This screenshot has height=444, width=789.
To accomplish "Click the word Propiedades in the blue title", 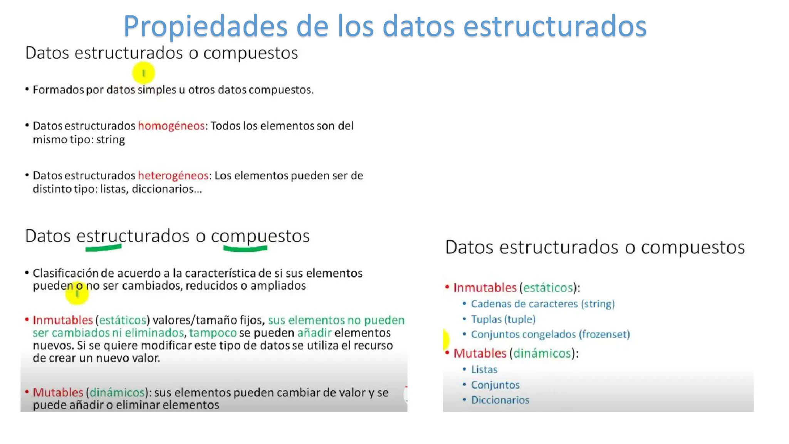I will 205,26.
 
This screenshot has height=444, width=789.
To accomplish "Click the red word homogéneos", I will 171,126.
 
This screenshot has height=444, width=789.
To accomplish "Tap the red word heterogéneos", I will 173,176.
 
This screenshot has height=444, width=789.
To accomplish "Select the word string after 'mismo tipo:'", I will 111,140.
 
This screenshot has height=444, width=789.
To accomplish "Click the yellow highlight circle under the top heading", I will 143,73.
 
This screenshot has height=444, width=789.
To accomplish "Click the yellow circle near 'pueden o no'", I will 77,294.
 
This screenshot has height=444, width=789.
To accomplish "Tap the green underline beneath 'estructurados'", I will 103,249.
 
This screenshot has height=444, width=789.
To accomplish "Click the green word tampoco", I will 213,333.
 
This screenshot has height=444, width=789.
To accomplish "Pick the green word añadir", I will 314,333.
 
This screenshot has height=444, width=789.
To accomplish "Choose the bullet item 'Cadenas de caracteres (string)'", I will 542,304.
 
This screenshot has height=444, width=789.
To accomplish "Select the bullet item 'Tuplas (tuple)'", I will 503,320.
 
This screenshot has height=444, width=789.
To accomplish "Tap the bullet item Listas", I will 484,370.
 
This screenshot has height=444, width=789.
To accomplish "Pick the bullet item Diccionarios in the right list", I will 500,400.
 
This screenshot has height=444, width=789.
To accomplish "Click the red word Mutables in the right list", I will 480,353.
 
